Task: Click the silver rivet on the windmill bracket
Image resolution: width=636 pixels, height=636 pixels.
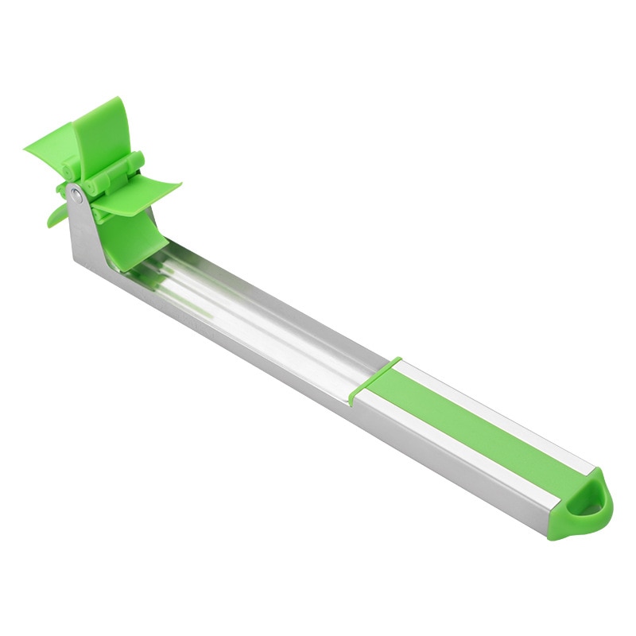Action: [76, 192]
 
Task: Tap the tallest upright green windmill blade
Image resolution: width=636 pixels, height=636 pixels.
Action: [101, 132]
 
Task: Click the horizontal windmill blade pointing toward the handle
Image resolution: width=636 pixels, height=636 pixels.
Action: [147, 194]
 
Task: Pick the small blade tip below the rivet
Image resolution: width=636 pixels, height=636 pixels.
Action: [56, 215]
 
